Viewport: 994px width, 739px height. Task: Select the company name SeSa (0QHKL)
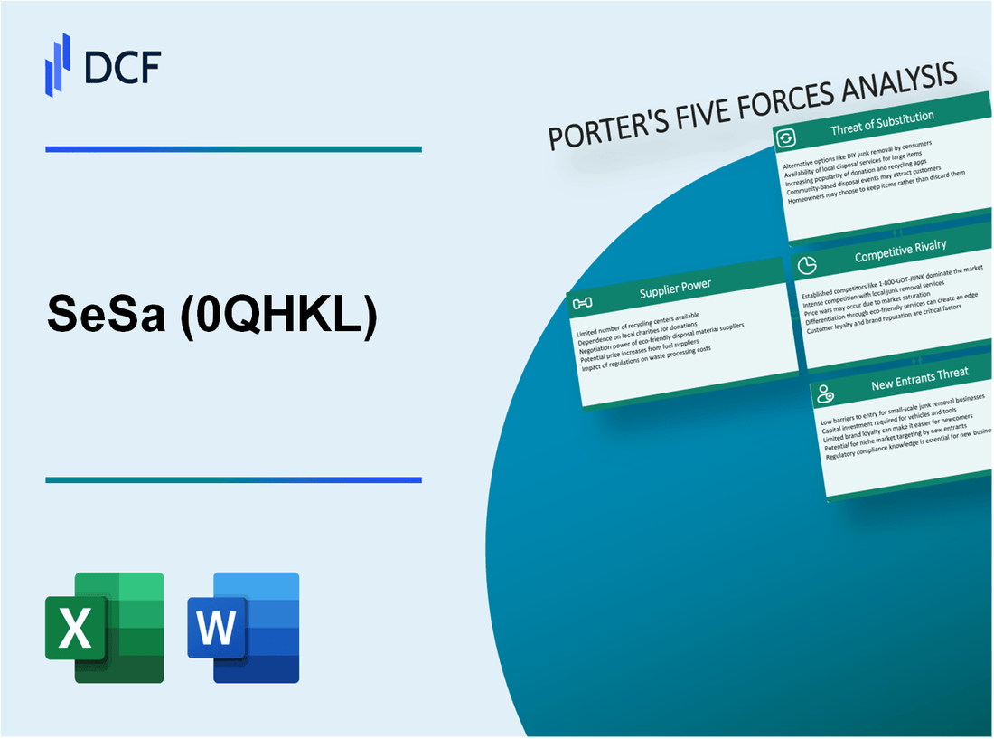click(x=212, y=318)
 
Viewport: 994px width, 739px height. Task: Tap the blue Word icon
click(x=243, y=627)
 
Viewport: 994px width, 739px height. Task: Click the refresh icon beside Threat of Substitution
click(x=786, y=137)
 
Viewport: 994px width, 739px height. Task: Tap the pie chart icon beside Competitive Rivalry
click(x=807, y=263)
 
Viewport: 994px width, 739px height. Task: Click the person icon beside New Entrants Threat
click(x=825, y=393)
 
